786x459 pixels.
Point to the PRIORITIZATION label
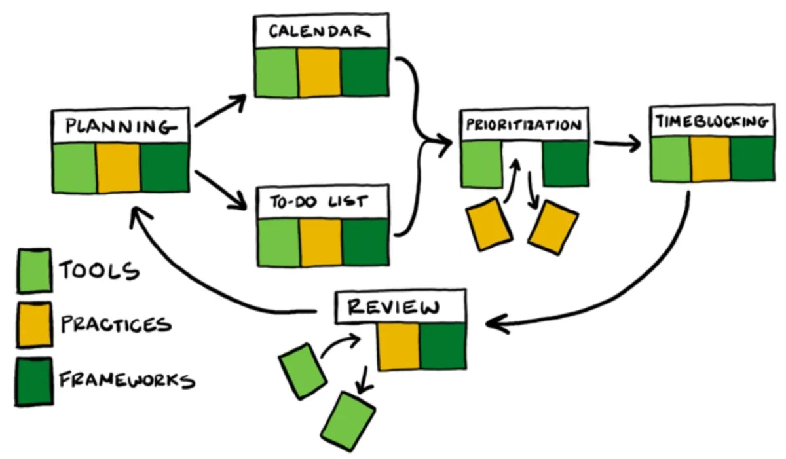point(524,125)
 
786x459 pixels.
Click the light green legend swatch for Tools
point(34,270)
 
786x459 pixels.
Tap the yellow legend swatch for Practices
point(34,324)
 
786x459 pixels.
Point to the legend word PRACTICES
point(115,323)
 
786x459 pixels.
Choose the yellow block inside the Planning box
point(119,168)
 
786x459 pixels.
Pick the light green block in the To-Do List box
point(278,242)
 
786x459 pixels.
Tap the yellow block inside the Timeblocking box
point(711,159)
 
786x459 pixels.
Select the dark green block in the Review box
point(443,346)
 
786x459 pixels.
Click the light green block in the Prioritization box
point(482,164)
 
